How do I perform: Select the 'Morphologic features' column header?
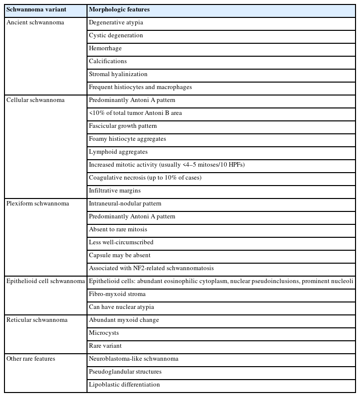click(119, 9)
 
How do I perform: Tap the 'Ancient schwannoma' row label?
click(35, 22)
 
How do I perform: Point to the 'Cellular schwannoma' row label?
click(35, 100)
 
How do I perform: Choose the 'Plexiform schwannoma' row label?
click(37, 203)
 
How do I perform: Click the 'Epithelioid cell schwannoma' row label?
click(45, 281)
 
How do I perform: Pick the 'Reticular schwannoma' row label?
click(37, 320)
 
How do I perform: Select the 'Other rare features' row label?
click(30, 359)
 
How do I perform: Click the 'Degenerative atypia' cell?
click(116, 22)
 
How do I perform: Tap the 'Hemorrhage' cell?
click(105, 48)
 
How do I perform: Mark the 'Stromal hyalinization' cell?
click(118, 74)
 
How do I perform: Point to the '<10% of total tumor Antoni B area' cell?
click(135, 113)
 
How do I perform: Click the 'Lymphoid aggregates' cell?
click(118, 152)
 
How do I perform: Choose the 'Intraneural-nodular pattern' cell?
click(125, 203)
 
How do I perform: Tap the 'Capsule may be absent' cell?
click(119, 255)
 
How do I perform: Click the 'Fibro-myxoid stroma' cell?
click(117, 294)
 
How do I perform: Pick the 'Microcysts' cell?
click(104, 333)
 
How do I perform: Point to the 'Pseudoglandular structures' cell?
click(125, 372)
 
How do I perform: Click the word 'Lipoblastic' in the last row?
click(103, 385)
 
